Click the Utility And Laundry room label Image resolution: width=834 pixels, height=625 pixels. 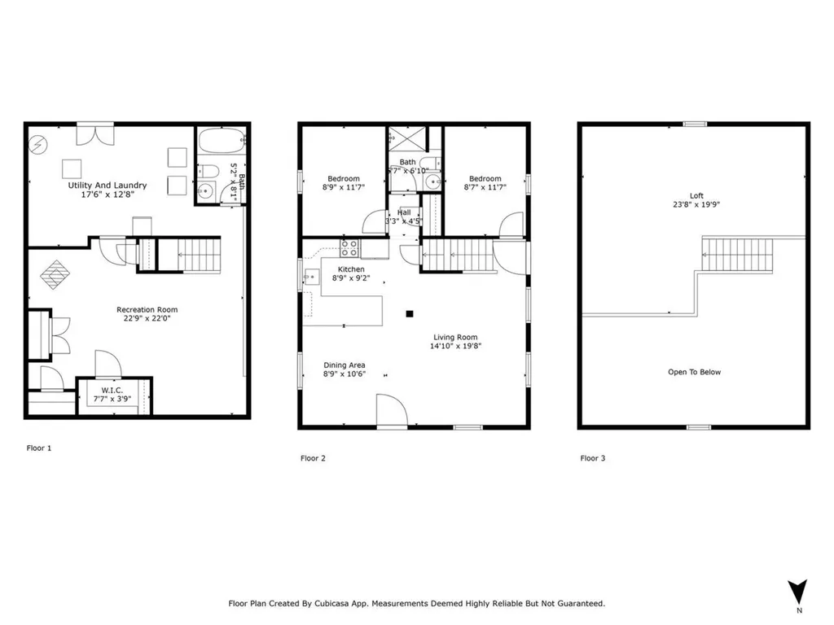click(x=107, y=186)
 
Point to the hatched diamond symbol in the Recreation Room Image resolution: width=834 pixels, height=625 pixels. click(x=56, y=274)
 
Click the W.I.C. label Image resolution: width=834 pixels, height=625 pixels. click(x=112, y=390)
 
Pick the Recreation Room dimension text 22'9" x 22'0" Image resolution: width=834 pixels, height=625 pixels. click(x=147, y=319)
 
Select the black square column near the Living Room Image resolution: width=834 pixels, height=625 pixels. click(x=410, y=313)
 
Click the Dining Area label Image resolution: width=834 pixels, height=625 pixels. click(x=345, y=365)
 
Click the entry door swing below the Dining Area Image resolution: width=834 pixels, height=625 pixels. click(x=391, y=411)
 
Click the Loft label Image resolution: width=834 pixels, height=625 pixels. click(x=696, y=195)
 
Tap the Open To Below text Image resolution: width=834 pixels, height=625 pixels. click(x=694, y=372)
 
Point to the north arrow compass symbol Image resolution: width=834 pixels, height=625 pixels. click(x=798, y=592)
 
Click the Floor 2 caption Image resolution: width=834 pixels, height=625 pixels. click(x=313, y=458)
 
